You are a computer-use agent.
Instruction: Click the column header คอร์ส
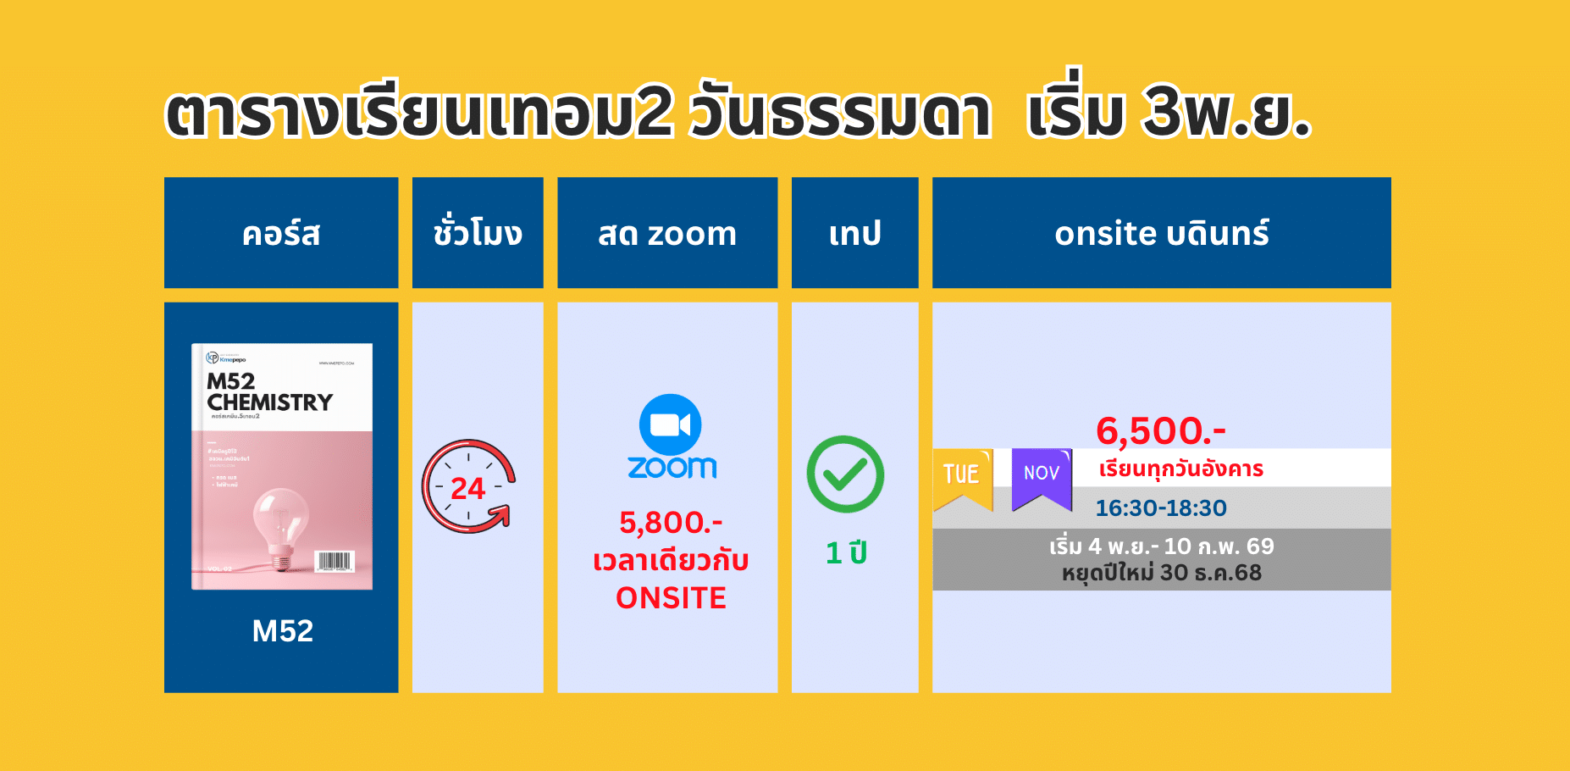[x=281, y=233]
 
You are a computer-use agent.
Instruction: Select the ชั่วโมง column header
[x=478, y=233]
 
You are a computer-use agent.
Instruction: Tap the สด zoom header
[x=667, y=233]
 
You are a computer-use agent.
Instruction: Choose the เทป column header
[x=854, y=233]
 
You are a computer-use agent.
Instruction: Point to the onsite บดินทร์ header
[x=1161, y=233]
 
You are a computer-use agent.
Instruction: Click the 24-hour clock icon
[x=468, y=486]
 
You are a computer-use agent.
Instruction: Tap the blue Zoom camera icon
[x=671, y=424]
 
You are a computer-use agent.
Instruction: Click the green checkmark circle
[x=845, y=474]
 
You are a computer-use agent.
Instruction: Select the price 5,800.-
[x=671, y=523]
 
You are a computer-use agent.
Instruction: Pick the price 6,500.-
[x=1160, y=430]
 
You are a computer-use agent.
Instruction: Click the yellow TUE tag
[x=962, y=476]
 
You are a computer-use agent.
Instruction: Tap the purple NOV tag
[x=1042, y=476]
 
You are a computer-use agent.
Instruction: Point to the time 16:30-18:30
[x=1160, y=508]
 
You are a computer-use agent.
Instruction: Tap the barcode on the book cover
[x=334, y=561]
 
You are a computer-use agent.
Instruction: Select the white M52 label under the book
[x=282, y=630]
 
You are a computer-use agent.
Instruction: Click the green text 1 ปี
[x=846, y=553]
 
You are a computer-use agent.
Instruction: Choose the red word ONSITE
[x=671, y=598]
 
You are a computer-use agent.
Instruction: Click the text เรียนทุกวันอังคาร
[x=1180, y=469]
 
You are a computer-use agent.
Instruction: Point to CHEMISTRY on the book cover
[x=270, y=402]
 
